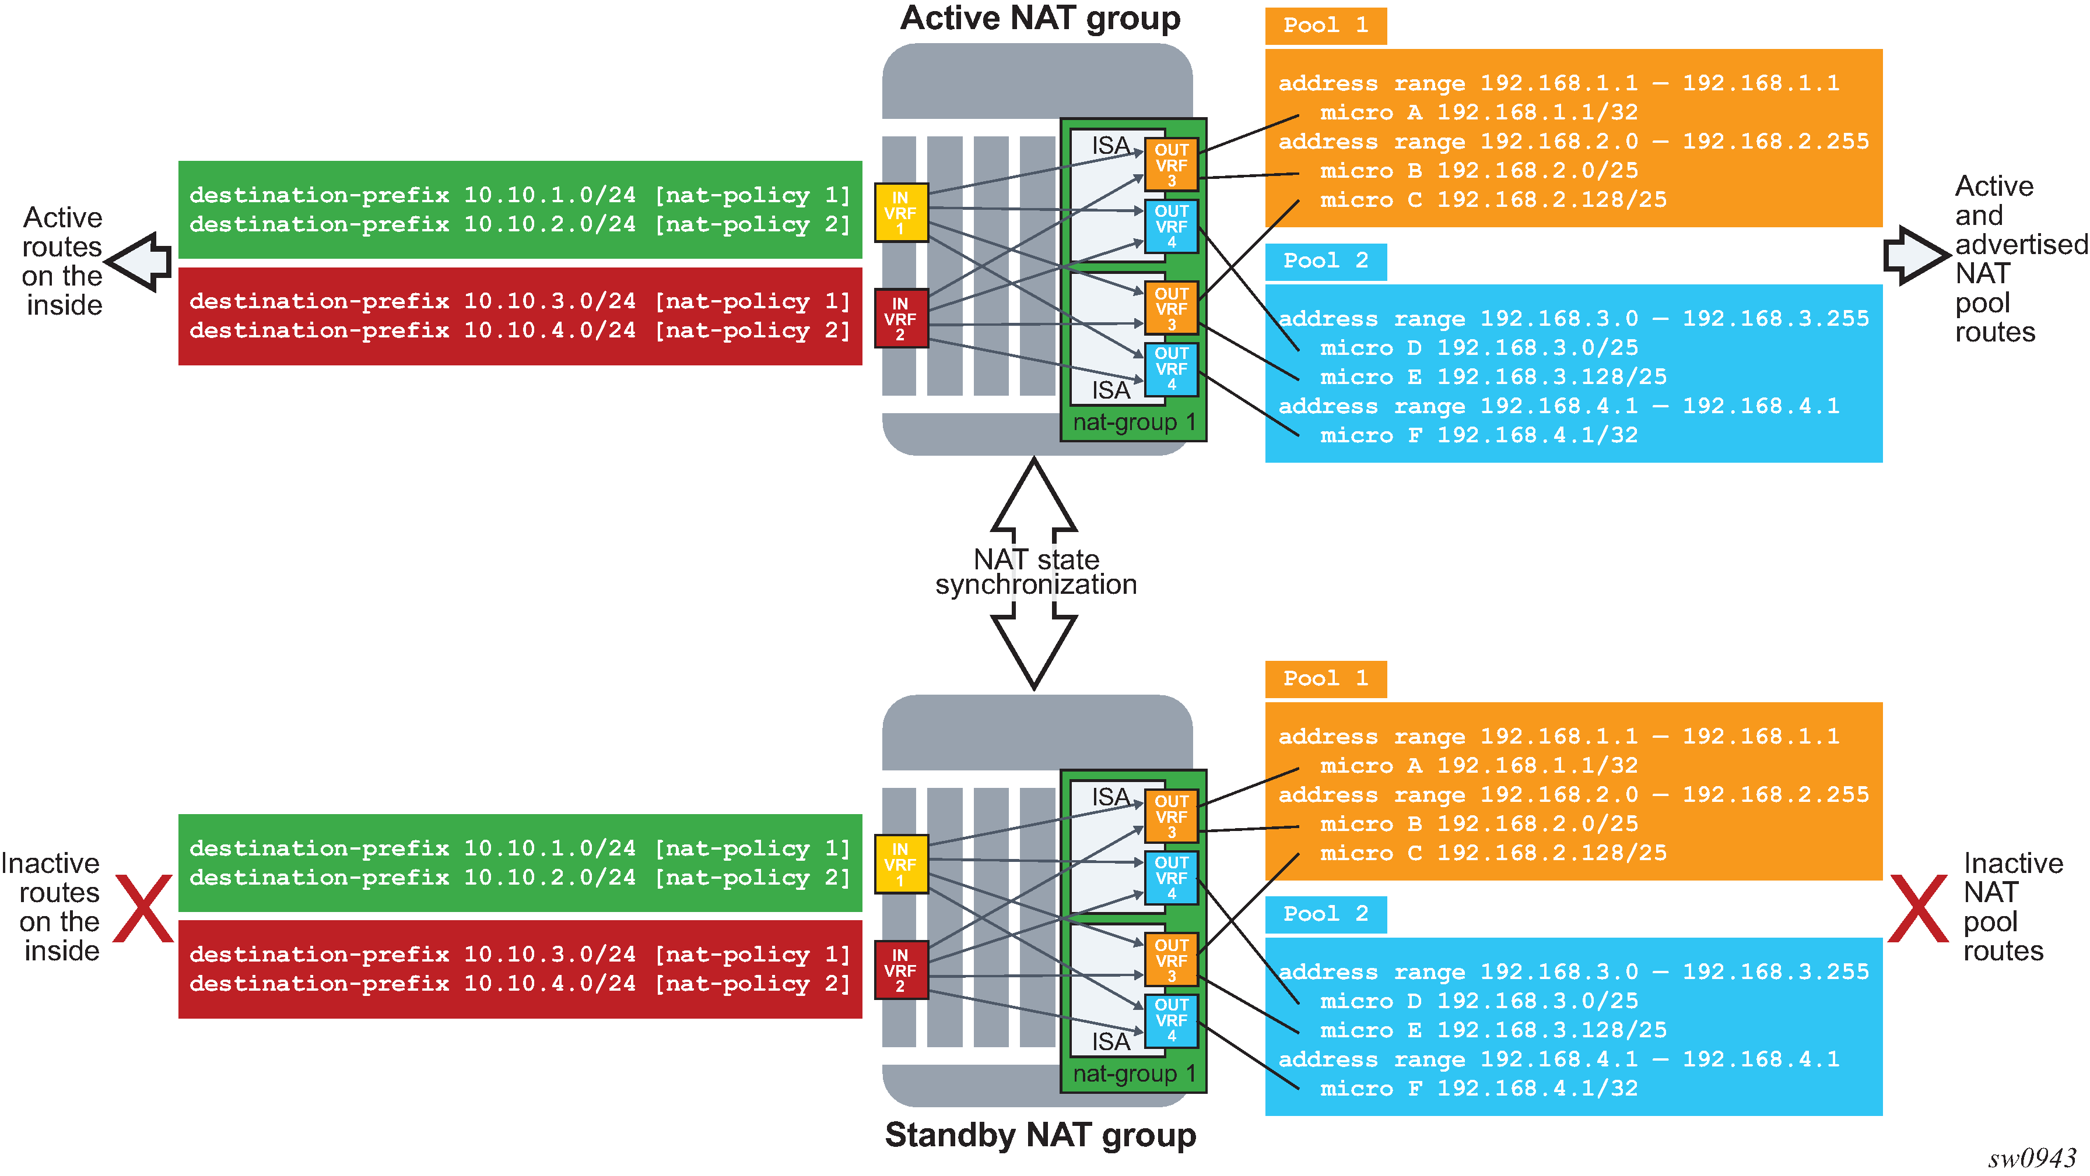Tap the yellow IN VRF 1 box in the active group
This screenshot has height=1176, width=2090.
click(900, 213)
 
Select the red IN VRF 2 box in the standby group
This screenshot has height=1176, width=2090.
click(900, 970)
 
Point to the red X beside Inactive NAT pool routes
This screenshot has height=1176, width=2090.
click(1918, 909)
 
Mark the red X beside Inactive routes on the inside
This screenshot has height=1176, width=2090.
click(143, 909)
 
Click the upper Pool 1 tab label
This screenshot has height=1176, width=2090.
click(1325, 25)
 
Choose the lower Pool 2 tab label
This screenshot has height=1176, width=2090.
click(1325, 914)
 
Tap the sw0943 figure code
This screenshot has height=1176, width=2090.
click(2032, 1158)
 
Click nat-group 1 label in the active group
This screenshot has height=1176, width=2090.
click(1134, 422)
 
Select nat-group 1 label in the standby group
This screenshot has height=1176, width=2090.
click(1134, 1074)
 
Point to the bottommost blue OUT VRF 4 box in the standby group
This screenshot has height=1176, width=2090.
click(1171, 1020)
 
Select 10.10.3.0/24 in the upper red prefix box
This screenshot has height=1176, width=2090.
click(549, 302)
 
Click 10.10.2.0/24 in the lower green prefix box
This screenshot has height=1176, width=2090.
click(549, 878)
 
